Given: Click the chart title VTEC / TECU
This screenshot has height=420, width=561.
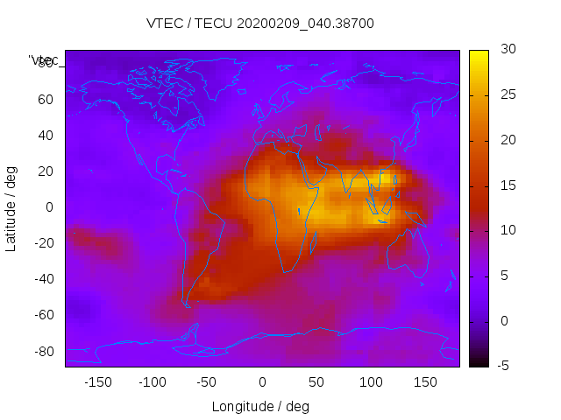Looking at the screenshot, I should [260, 24].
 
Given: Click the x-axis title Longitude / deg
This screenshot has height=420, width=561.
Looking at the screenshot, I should [260, 407].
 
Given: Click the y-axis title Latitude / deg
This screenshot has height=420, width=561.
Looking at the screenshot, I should [11, 207].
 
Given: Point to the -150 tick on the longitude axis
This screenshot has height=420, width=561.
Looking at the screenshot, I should [98, 382].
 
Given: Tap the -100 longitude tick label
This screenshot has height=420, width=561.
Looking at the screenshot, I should [153, 382].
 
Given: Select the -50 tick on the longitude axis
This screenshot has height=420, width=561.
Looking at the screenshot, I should [207, 382].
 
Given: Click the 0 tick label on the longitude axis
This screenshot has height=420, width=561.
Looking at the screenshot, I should [262, 382].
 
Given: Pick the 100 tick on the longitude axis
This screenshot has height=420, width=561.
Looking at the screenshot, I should [371, 382].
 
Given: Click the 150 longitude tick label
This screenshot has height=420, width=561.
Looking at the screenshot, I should [425, 382].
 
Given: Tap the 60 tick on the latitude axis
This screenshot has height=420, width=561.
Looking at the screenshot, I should [46, 99].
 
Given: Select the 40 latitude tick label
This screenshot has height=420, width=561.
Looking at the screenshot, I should [46, 135].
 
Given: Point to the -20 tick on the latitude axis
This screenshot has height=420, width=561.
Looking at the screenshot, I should [44, 243].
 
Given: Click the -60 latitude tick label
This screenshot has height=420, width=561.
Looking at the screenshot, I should [44, 315].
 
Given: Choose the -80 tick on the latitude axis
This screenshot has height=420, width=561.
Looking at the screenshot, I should [44, 351].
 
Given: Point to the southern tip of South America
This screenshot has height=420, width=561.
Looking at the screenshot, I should [187, 304].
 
